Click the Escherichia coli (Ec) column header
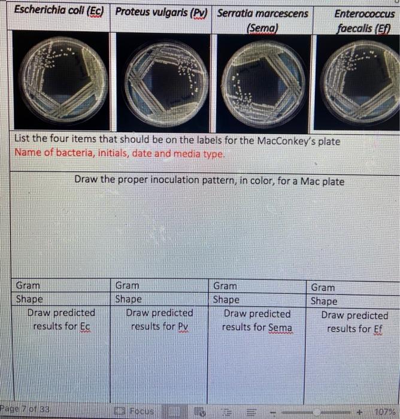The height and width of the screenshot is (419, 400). (59, 11)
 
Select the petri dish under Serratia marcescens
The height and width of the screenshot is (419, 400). (263, 80)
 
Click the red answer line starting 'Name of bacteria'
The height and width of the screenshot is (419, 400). (120, 154)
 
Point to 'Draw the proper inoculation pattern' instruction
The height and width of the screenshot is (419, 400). (209, 180)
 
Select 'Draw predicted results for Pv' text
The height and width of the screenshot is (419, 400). (159, 320)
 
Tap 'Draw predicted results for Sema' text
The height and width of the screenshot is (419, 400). (257, 320)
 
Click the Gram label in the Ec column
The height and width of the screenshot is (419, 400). (28, 286)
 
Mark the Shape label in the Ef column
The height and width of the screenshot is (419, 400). (324, 301)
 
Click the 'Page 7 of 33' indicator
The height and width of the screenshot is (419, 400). (25, 410)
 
